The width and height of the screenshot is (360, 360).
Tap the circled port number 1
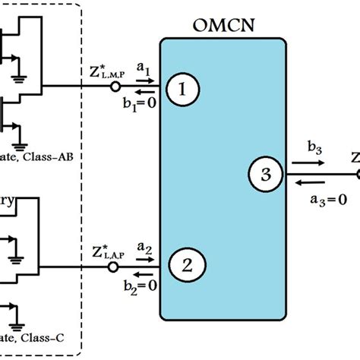tap(182, 90)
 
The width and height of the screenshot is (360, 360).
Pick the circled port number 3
tap(265, 175)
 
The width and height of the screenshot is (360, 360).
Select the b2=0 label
tap(143, 278)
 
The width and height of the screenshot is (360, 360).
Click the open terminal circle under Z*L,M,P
tap(115, 87)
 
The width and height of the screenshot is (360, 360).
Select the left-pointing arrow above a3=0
tap(313, 182)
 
